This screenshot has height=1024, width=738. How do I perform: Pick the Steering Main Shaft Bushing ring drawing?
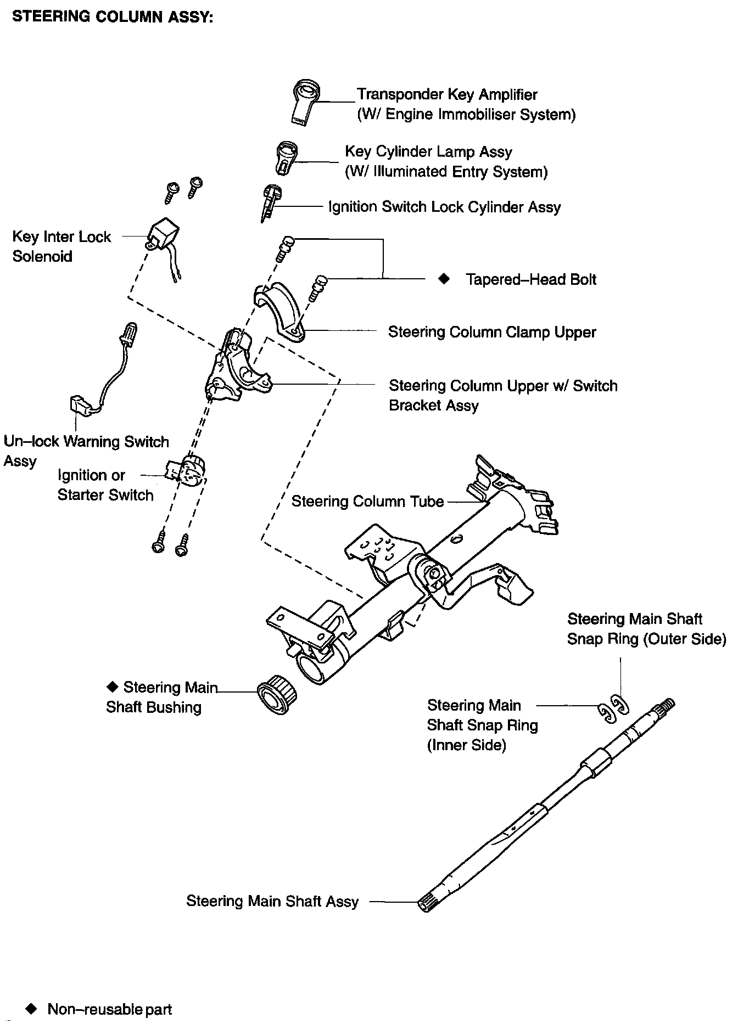pos(277,694)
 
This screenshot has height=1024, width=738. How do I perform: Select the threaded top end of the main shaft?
pos(666,705)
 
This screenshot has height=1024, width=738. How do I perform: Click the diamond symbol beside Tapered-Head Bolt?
pos(444,279)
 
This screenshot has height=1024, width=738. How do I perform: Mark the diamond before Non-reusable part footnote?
pos(32,1009)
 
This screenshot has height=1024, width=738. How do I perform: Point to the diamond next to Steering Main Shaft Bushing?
pos(113,687)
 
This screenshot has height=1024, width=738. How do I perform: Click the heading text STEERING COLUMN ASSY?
pos(113,17)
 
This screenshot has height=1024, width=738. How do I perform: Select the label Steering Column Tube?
pos(367,502)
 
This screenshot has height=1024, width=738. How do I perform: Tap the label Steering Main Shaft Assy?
pos(272,902)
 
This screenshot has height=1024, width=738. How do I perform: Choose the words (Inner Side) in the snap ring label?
pos(467,745)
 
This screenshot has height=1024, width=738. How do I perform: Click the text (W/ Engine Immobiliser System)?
pos(466,115)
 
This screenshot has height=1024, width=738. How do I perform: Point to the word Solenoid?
pos(42,256)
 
